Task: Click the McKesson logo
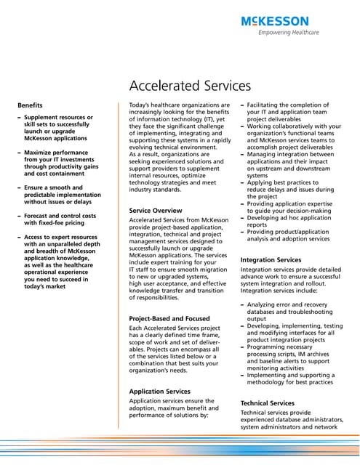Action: [274, 21]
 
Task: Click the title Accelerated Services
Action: [190, 86]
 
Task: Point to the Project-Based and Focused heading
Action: [169, 318]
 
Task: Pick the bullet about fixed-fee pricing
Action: [60, 219]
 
